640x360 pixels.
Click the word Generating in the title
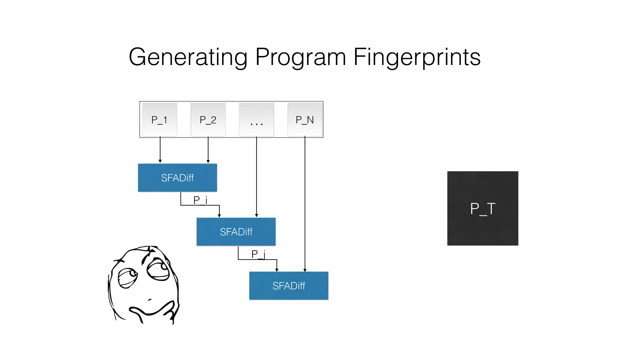point(188,57)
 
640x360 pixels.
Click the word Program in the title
point(300,57)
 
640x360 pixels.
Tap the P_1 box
point(159,120)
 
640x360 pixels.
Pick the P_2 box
point(208,120)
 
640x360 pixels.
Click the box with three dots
point(257,120)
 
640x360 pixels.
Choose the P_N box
point(305,120)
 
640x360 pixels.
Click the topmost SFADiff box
point(177,177)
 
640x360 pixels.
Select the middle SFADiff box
point(236,232)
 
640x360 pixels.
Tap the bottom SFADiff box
point(288,286)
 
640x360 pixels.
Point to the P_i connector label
point(200,200)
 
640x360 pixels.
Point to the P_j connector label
point(258,254)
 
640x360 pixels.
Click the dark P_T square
point(482,208)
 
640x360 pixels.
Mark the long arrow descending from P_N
point(305,203)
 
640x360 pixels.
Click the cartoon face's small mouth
point(150,300)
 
